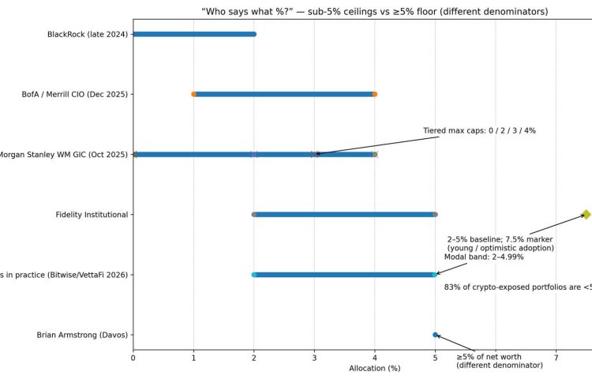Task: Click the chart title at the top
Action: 363,11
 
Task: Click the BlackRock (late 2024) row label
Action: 87,34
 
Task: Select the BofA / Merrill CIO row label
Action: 74,94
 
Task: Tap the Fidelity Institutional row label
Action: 92,215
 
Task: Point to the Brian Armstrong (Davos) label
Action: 82,335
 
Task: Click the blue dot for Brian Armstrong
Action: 435,335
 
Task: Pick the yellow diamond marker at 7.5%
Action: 586,214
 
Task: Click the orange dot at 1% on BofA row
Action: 193,94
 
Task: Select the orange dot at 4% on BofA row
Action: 375,94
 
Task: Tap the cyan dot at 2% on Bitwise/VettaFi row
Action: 254,275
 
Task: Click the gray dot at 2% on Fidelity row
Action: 254,215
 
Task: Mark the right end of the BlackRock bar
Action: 253,34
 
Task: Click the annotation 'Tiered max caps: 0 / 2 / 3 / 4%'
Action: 479,130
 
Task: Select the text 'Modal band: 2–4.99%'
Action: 483,257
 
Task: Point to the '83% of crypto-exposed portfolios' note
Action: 518,287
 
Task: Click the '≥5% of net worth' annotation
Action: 499,361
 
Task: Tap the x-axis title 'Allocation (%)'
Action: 375,369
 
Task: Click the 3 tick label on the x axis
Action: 314,358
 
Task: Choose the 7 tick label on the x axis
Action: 556,358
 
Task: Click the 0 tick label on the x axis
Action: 133,358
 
